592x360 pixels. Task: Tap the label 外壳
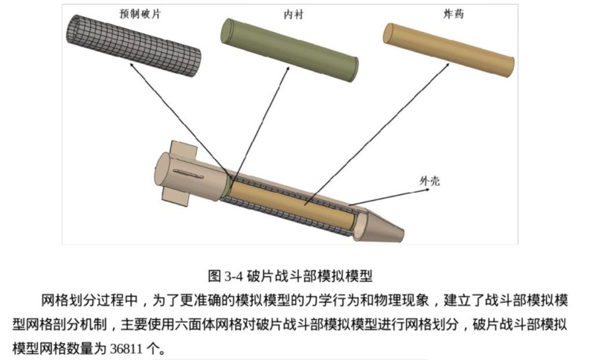coord(429,181)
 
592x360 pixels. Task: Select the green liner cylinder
coord(291,50)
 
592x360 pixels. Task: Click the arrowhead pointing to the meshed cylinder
coord(132,66)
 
